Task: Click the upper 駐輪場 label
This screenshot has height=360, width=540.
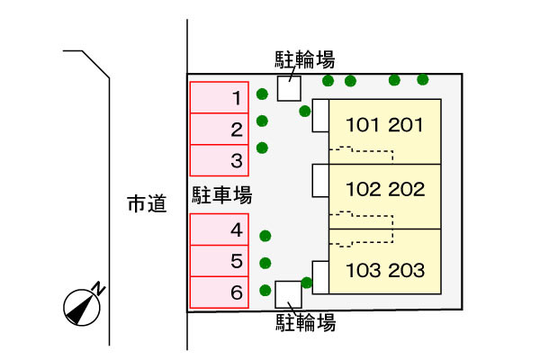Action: pyautogui.click(x=305, y=60)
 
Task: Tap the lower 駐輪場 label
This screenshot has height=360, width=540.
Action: pyautogui.click(x=305, y=322)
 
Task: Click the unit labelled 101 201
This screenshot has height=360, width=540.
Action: pyautogui.click(x=383, y=126)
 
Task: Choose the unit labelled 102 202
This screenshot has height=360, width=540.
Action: pyautogui.click(x=383, y=191)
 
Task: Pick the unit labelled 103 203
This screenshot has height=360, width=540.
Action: pyautogui.click(x=383, y=268)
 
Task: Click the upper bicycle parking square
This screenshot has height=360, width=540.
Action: pyautogui.click(x=289, y=88)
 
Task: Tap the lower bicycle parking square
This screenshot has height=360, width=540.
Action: pyautogui.click(x=288, y=293)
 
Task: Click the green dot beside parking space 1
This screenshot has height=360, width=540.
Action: pyautogui.click(x=262, y=94)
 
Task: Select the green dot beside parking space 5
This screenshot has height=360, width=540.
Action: pyautogui.click(x=265, y=264)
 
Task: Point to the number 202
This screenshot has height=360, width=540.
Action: pyautogui.click(x=406, y=191)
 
